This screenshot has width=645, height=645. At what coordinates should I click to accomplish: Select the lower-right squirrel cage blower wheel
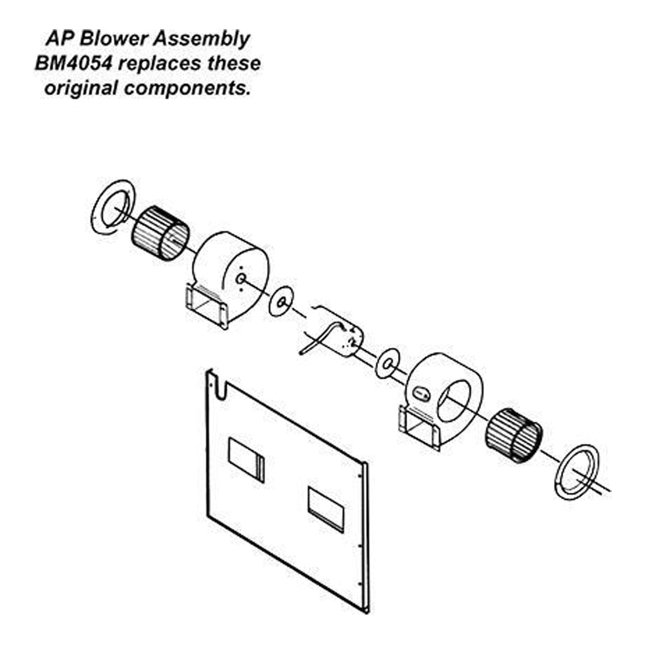(x=513, y=435)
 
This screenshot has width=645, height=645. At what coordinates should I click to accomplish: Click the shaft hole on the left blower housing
(x=240, y=279)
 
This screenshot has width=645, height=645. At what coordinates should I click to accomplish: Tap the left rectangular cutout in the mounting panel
(x=246, y=460)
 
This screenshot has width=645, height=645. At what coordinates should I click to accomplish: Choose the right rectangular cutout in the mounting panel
(x=326, y=507)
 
